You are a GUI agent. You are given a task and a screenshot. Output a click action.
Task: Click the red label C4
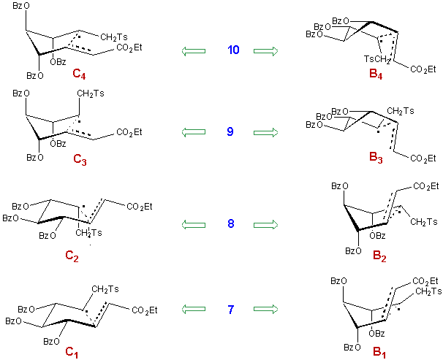pyautogui.click(x=79, y=74)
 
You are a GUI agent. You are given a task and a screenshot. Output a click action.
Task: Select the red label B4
pyautogui.click(x=376, y=74)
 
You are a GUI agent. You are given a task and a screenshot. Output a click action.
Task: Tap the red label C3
pyautogui.click(x=80, y=159)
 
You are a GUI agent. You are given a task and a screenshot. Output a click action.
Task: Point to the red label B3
pyautogui.click(x=376, y=158)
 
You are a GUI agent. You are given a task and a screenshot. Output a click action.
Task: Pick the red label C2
pyautogui.click(x=72, y=256)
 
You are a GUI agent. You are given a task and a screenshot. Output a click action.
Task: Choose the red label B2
pyautogui.click(x=379, y=256)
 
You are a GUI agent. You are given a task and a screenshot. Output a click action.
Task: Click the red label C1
pyautogui.click(x=72, y=353)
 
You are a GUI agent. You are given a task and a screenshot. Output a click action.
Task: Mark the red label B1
pyautogui.click(x=379, y=353)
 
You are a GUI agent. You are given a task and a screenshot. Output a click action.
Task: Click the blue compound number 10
pyautogui.click(x=233, y=50)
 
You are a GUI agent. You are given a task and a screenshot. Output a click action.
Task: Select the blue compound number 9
pyautogui.click(x=230, y=131)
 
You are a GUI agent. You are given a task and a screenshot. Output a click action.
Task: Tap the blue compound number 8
pyautogui.click(x=231, y=223)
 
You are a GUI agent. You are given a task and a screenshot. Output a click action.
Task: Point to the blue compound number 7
pyautogui.click(x=231, y=310)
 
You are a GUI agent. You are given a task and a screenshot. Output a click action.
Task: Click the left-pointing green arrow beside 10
pyautogui.click(x=194, y=51)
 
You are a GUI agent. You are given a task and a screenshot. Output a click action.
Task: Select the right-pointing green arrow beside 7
pyautogui.click(x=265, y=309)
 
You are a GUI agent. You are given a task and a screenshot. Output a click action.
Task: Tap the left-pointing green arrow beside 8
pyautogui.click(x=194, y=225)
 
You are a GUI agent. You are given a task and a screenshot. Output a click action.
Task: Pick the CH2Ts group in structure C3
pyautogui.click(x=91, y=93)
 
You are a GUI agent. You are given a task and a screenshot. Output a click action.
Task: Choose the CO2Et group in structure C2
pyautogui.click(x=140, y=207)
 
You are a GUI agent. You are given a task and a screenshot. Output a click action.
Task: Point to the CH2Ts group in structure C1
pyautogui.click(x=105, y=289)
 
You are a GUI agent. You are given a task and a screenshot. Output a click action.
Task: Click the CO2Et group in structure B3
pyautogui.click(x=423, y=158)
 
